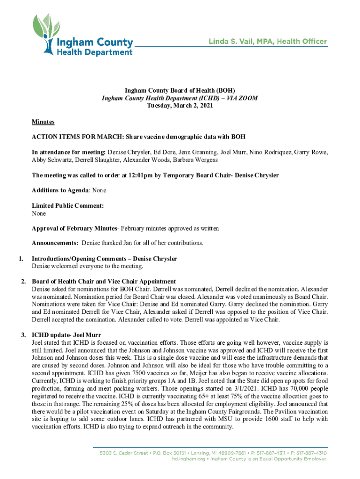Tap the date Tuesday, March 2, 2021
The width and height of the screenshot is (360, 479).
[180, 106]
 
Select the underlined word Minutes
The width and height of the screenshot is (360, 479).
[43, 122]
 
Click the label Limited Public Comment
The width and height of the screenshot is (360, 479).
[67, 205]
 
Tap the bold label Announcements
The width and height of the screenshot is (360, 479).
[55, 243]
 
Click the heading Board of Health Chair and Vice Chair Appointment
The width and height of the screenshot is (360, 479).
[103, 281]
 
